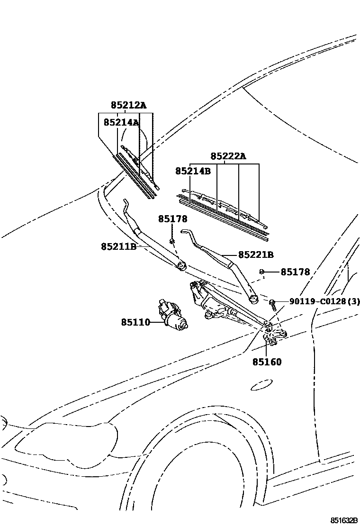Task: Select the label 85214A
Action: tap(121, 122)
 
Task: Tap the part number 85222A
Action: tap(228, 156)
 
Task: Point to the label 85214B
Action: tap(193, 171)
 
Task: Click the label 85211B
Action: tap(118, 246)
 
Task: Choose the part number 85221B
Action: tap(256, 255)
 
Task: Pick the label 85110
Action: tap(135, 323)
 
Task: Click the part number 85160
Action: tap(267, 362)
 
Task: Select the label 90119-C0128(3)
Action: tap(324, 301)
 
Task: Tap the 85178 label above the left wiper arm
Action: tap(173, 219)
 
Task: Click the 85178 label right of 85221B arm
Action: tap(295, 272)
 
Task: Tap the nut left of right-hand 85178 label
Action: tap(261, 272)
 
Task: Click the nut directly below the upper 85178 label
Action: tap(173, 241)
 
